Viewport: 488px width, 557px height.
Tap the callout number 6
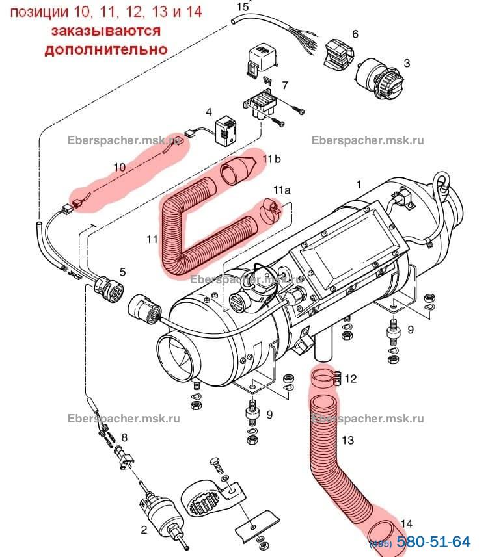[355, 34]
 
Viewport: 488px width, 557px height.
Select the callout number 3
[407, 64]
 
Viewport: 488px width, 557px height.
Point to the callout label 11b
[272, 158]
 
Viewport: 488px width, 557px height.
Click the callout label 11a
[281, 190]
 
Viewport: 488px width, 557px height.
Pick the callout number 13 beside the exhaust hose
[347, 441]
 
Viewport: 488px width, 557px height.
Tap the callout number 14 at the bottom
[406, 523]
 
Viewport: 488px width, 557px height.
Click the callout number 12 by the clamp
[351, 378]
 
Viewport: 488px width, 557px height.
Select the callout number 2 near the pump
[144, 530]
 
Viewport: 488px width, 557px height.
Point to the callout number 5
[122, 271]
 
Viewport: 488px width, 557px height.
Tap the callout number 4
[209, 112]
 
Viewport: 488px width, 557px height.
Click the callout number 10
[119, 167]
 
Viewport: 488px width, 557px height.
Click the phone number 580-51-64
[433, 541]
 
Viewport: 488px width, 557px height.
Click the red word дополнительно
[105, 49]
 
